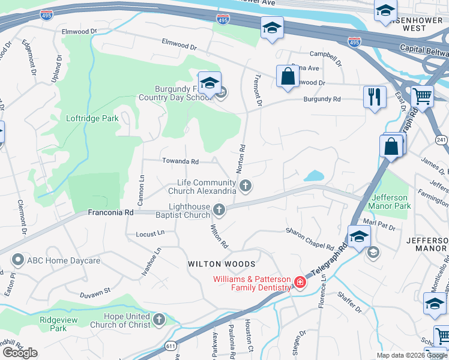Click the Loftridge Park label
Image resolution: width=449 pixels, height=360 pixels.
tap(93, 119)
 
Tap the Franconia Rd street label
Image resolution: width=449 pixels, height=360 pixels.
tap(110, 212)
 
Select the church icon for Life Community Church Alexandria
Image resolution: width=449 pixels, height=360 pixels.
tap(245, 187)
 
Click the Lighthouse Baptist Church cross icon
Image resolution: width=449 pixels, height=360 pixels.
tap(219, 209)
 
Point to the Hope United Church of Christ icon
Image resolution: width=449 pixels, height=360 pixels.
tap(159, 319)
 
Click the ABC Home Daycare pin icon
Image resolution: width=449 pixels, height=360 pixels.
tap(17, 260)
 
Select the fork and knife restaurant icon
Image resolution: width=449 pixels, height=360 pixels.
tap(375, 97)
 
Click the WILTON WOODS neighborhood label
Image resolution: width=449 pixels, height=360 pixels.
tap(221, 264)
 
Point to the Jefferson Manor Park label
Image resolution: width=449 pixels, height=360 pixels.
tap(391, 202)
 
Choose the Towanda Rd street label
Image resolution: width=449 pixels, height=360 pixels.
tap(180, 161)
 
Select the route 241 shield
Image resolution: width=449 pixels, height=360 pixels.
tap(442, 140)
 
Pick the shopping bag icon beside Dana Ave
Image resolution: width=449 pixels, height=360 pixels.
tap(288, 76)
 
